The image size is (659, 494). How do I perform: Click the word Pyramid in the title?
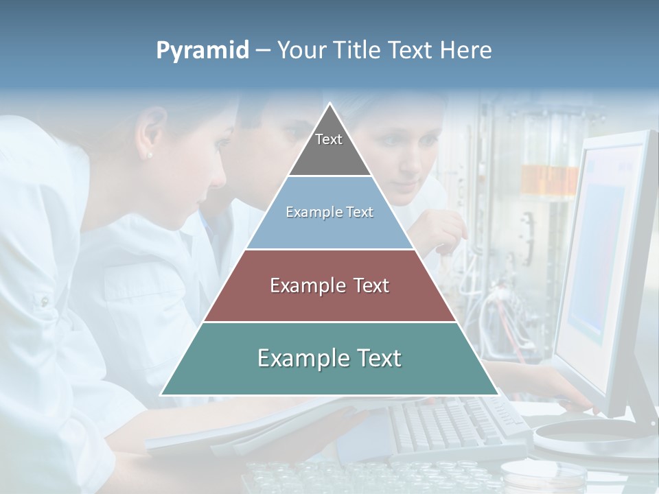(202, 51)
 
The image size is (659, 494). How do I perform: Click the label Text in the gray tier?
(329, 139)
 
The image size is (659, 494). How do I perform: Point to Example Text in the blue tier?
(329, 212)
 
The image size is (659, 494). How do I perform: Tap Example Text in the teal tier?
(329, 358)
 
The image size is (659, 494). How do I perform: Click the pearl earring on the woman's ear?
(150, 155)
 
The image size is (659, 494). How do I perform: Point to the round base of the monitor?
(590, 439)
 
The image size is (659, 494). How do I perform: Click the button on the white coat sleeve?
(45, 301)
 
